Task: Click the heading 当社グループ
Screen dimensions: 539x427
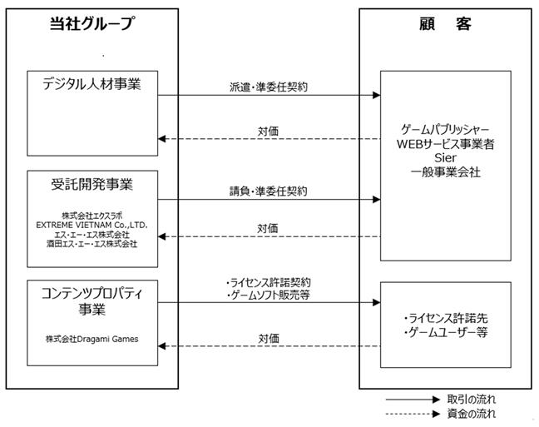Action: [91, 23]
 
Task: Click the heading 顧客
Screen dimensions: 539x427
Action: [445, 24]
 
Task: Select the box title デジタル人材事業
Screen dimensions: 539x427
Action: [91, 84]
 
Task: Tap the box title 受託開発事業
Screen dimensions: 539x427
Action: [91, 184]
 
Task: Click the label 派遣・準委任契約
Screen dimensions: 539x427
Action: [269, 87]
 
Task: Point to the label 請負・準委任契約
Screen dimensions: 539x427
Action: [269, 191]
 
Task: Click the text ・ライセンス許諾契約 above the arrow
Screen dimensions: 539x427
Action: [269, 282]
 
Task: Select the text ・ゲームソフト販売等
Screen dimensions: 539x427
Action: [269, 295]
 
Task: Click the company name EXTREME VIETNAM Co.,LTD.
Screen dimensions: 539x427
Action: [91, 225]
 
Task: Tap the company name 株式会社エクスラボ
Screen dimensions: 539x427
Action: [91, 216]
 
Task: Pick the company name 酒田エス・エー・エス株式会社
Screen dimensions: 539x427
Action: [91, 244]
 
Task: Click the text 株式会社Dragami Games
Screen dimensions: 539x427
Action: [92, 339]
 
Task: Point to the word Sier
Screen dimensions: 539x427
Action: [446, 157]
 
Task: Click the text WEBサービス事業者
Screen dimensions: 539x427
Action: [446, 144]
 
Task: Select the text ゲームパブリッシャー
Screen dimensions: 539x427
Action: [446, 130]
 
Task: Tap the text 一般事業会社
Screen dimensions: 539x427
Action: [446, 171]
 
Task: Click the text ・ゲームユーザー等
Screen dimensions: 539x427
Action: [446, 332]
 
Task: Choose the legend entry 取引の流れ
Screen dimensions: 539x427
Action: [472, 400]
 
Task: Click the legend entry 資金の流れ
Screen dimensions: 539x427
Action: [472, 414]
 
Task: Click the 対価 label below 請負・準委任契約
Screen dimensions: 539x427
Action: [268, 228]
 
